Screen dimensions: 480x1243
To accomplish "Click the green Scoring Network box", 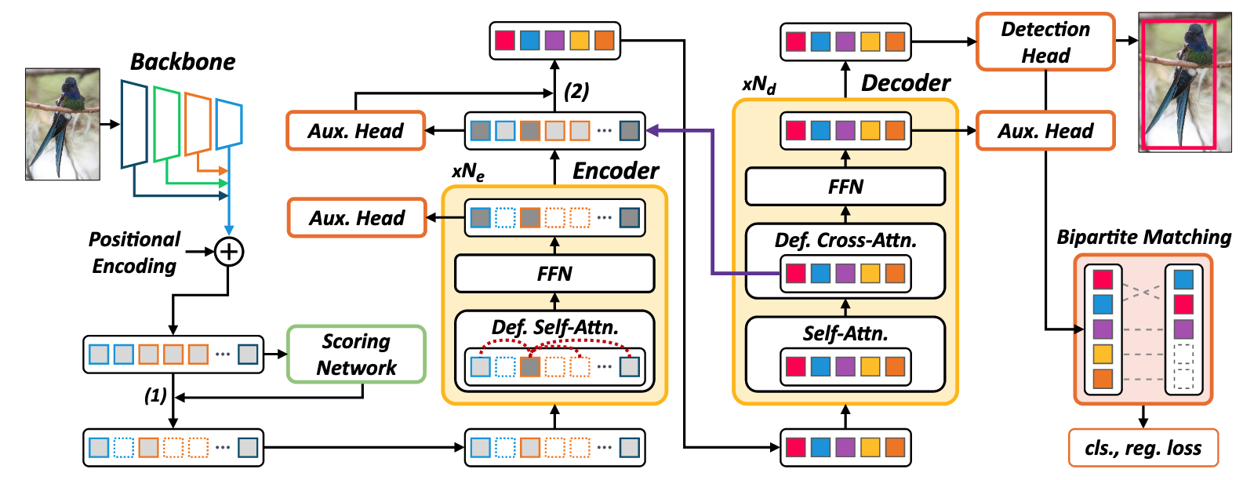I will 356,355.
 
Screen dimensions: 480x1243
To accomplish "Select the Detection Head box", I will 1045,42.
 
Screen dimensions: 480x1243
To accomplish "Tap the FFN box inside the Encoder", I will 554,274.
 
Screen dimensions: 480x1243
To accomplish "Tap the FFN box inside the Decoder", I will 845,187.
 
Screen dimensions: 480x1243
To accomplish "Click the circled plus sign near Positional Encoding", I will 229,252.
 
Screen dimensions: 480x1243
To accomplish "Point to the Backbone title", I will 183,62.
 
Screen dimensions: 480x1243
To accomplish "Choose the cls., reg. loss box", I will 1143,448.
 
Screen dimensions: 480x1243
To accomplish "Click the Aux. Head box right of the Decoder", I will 1045,131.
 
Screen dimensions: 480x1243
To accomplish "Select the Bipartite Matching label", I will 1143,237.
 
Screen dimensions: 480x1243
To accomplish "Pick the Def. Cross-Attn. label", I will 845,240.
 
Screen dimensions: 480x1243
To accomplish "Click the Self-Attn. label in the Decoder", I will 845,333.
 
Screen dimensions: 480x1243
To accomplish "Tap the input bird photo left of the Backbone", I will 63,124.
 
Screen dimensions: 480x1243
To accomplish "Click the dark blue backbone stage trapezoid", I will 134,124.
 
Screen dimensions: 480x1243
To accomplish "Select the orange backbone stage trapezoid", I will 198,123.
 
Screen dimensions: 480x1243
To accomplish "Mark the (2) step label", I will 576,91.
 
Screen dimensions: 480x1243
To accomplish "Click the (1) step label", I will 155,395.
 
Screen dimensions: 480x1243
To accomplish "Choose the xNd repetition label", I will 758,85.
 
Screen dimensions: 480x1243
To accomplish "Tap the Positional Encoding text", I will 134,253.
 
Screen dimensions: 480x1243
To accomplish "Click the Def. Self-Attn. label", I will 554,327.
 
